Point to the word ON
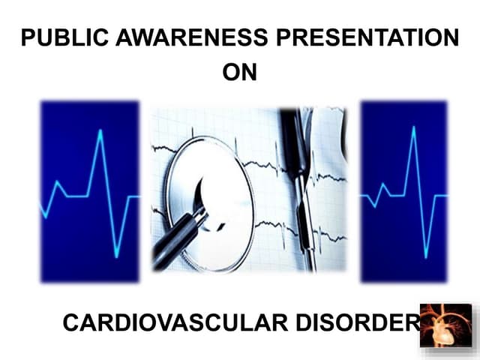pyautogui.click(x=239, y=73)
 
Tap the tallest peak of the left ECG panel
pyautogui.click(x=97, y=132)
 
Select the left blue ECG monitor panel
pyautogui.click(x=90, y=191)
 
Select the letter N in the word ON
pyautogui.click(x=249, y=73)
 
